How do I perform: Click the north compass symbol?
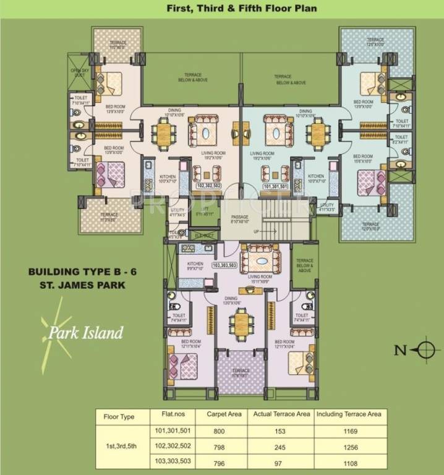425,350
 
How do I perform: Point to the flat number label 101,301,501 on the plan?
275,185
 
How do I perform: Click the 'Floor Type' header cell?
119,417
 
